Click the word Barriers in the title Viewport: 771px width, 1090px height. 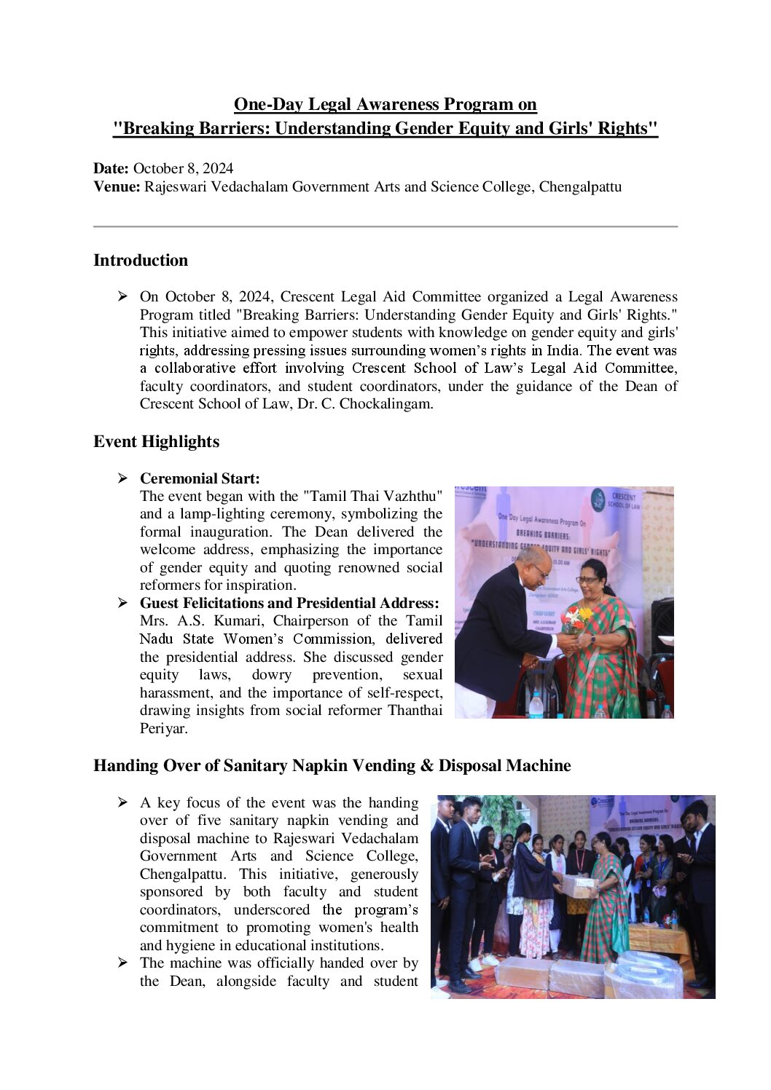coord(227,129)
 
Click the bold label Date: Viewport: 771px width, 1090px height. coord(111,169)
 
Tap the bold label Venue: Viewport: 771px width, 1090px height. coord(117,187)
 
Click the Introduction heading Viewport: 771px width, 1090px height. coord(141,261)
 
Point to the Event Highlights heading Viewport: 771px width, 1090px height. coord(156,442)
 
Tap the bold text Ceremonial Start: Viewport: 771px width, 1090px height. coord(200,478)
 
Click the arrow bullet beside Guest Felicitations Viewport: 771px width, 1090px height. coord(123,603)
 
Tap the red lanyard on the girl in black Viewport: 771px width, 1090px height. coord(581,859)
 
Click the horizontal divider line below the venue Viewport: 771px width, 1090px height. coord(385,226)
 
